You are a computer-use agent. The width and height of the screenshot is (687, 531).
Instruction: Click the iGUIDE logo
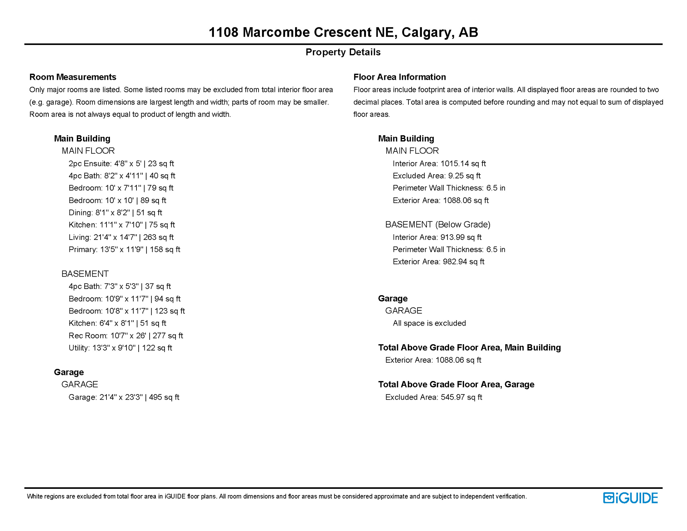click(x=630, y=498)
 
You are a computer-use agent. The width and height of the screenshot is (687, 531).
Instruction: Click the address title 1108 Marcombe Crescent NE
click(x=343, y=32)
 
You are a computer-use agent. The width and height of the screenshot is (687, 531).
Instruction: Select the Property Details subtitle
click(x=343, y=52)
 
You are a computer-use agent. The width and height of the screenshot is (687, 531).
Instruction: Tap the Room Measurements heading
click(x=73, y=77)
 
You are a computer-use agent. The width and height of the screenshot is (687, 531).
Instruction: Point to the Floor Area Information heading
click(x=399, y=77)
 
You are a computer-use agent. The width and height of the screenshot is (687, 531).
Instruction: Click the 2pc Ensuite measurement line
click(x=121, y=164)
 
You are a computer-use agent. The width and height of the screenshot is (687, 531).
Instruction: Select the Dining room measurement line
click(x=115, y=213)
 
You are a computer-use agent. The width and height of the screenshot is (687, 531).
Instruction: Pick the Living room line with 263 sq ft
click(x=121, y=237)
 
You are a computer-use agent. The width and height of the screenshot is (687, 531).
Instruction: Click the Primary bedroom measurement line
click(x=124, y=250)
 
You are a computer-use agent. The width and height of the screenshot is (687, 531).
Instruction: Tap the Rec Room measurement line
click(x=125, y=336)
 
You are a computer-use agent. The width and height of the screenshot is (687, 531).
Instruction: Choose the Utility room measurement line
click(x=120, y=348)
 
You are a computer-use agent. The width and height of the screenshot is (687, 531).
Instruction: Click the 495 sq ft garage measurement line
click(x=124, y=397)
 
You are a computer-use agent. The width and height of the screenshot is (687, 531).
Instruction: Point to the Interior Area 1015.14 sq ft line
click(x=439, y=164)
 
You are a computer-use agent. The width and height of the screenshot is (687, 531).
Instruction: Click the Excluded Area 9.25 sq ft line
click(x=436, y=176)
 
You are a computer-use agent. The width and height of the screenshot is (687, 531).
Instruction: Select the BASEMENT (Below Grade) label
click(x=437, y=225)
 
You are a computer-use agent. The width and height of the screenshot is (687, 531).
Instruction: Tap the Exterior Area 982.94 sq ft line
click(x=438, y=262)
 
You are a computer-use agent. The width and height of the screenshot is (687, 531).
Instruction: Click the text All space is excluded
click(x=429, y=323)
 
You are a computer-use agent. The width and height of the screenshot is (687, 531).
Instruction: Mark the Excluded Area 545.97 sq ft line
click(x=433, y=397)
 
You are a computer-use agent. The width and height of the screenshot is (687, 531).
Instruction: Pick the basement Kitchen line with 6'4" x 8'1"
click(x=117, y=323)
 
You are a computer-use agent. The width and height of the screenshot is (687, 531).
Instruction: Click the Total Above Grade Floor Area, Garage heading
click(x=456, y=384)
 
